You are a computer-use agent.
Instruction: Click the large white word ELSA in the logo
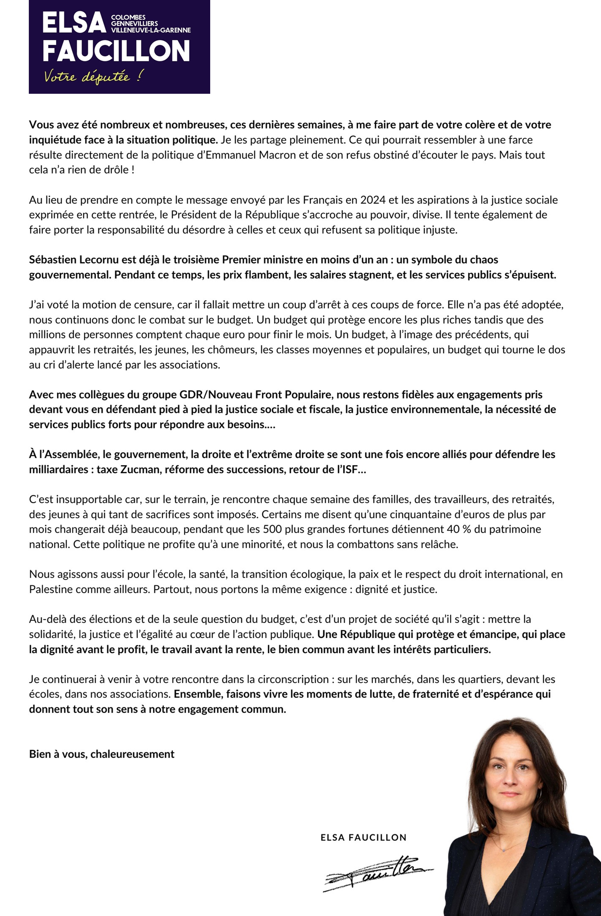tap(74, 23)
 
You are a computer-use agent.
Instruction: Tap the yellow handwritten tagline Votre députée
tap(93, 76)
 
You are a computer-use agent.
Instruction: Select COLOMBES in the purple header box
tap(128, 17)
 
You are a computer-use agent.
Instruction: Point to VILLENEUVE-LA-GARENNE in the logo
tap(151, 30)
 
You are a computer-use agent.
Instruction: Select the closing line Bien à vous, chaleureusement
tap(102, 754)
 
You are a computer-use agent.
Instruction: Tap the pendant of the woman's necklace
tap(504, 850)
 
